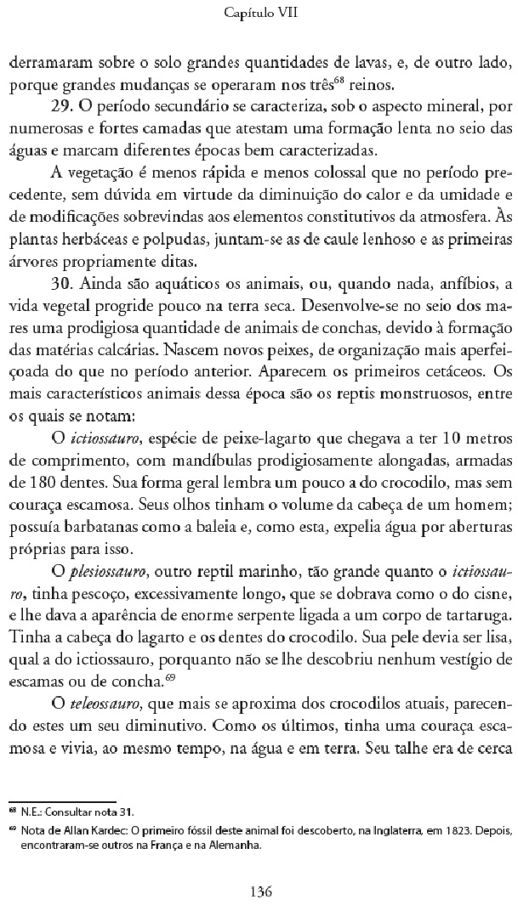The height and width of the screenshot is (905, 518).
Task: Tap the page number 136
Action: [260, 868]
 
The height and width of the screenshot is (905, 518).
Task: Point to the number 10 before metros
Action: [442, 438]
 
